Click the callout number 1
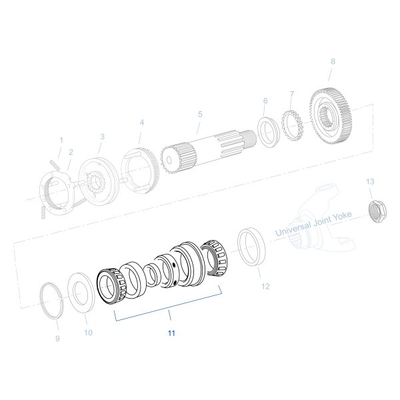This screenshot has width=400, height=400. tap(61, 141)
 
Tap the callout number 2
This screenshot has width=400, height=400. tap(71, 152)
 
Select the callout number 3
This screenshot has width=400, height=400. tap(102, 136)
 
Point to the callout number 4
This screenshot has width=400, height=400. tap(141, 123)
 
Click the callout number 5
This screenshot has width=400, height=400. tap(199, 114)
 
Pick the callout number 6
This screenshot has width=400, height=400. tap(265, 101)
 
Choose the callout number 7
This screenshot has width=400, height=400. tap(291, 93)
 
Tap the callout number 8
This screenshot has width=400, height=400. tap(333, 62)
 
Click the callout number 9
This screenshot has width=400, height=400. tap(57, 339)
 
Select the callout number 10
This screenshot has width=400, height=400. tap(88, 331)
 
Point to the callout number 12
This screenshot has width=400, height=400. tap(265, 287)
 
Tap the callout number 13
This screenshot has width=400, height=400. tap(371, 181)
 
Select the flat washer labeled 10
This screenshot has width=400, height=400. tap(83, 289)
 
